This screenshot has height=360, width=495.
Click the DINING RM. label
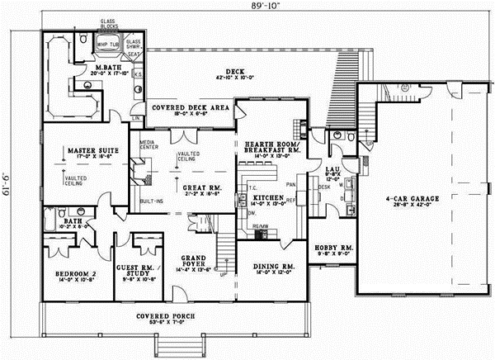coord(271,266)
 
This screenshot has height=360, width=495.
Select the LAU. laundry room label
coord(336,149)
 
